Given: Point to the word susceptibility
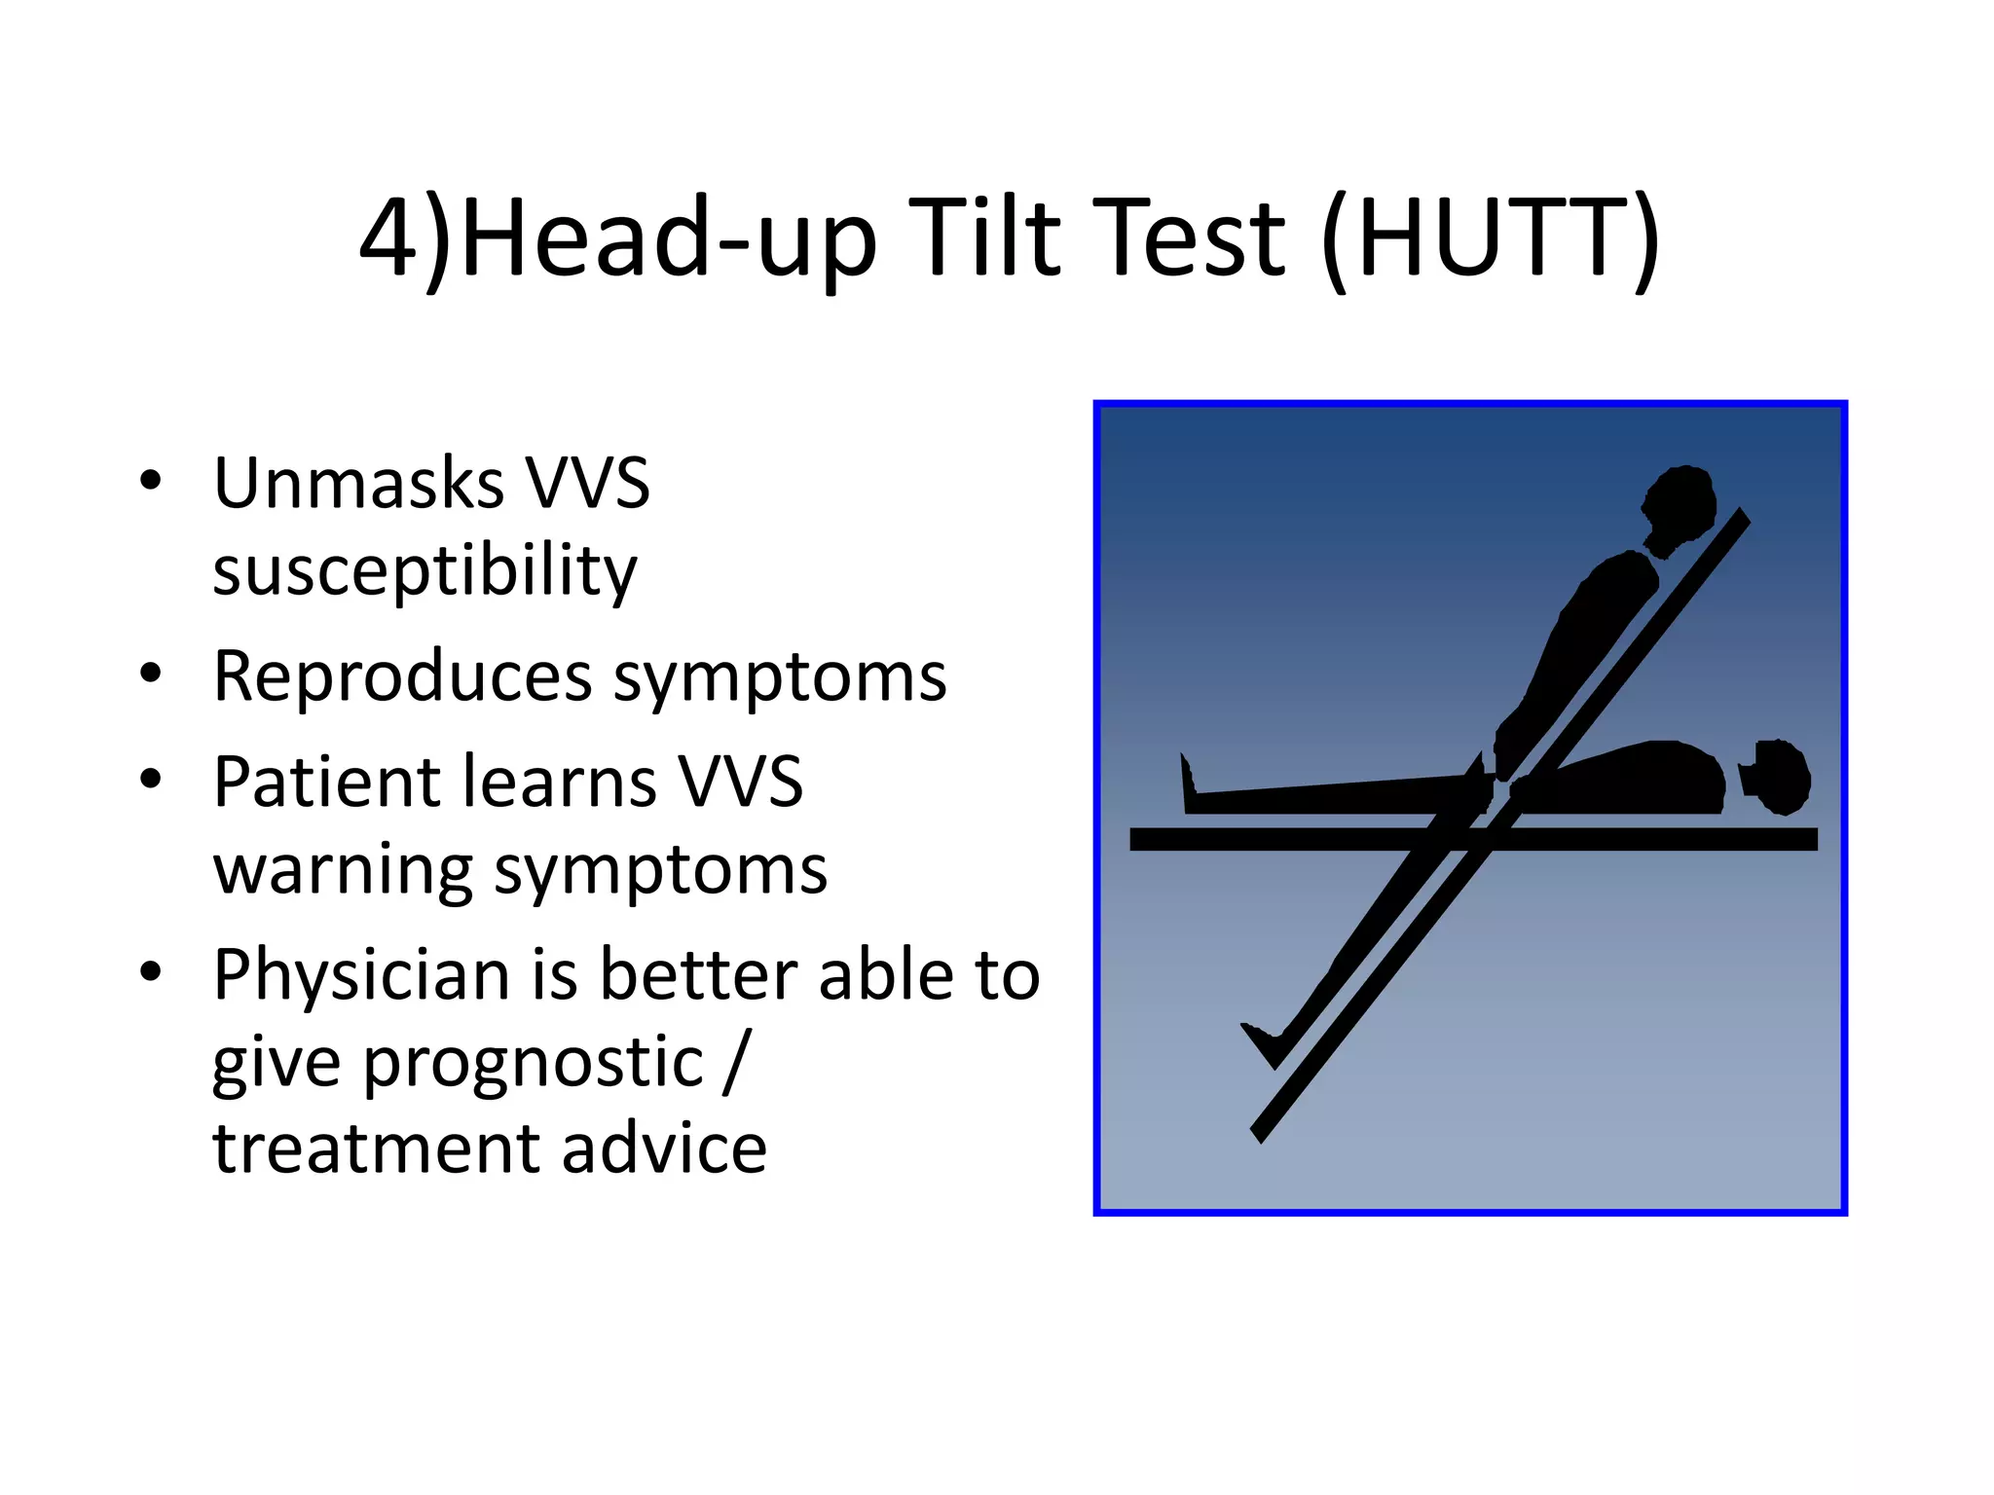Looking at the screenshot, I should [x=425, y=571].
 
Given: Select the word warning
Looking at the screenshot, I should [x=342, y=870].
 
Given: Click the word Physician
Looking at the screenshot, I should [x=361, y=974].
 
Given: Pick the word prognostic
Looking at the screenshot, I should [x=533, y=1063].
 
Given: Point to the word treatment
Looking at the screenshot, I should [x=374, y=1149].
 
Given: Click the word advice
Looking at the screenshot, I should [x=664, y=1149].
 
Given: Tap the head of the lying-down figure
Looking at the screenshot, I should [x=1780, y=777].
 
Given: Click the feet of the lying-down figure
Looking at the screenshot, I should [x=1189, y=784].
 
